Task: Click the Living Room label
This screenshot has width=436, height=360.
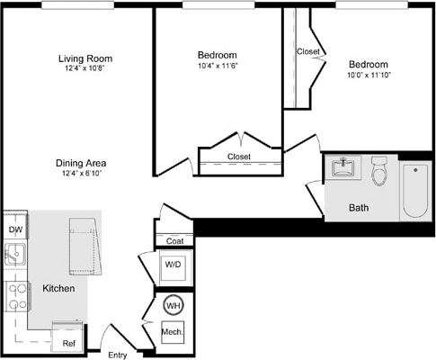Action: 86,59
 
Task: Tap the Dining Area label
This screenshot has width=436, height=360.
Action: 81,163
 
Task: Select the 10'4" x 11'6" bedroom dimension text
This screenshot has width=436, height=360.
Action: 217,66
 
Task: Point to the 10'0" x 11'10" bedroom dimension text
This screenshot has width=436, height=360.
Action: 368,75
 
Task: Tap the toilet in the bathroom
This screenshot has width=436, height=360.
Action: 379,170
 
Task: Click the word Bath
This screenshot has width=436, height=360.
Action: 359,208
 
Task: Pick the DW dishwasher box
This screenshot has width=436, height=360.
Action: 15,229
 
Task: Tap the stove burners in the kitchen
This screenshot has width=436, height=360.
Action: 15,295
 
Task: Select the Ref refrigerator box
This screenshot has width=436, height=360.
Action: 68,342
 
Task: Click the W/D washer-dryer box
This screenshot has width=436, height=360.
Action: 173,265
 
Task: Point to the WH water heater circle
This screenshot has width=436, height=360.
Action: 173,305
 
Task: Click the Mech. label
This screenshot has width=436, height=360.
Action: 173,332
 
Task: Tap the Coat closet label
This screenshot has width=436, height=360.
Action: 174,241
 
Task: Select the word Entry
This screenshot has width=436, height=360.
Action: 118,355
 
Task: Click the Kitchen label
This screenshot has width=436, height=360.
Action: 58,289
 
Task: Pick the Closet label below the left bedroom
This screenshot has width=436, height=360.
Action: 239,157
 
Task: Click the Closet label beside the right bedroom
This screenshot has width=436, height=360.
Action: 307,51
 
